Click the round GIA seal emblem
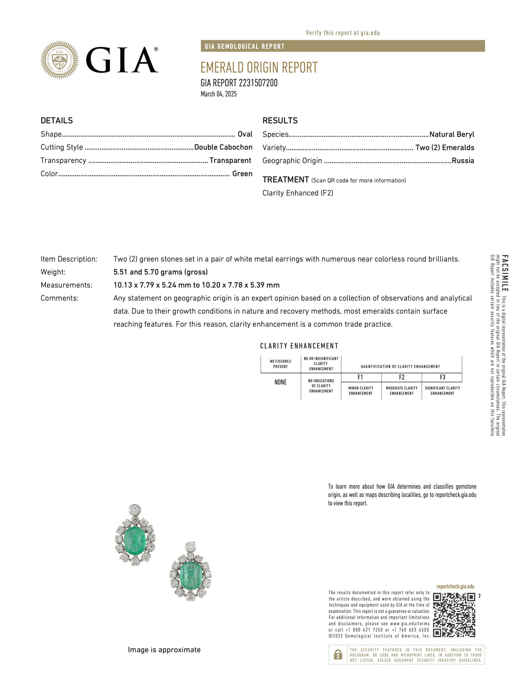point(59,60)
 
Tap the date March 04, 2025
point(219,94)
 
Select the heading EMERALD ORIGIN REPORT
point(259,68)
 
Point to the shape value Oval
point(245,134)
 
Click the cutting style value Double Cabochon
point(223,147)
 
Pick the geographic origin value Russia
point(463,161)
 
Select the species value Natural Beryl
point(451,134)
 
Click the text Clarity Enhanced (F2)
point(298,193)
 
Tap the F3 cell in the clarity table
point(442,377)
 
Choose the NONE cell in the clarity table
point(280,382)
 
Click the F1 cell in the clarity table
point(361,377)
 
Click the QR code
point(454,615)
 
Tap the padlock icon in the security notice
point(338,654)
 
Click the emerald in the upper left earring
point(134,537)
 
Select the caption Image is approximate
point(164,650)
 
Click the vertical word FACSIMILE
point(505,273)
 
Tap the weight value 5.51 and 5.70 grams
point(160,272)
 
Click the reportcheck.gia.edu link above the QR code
point(455,586)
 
